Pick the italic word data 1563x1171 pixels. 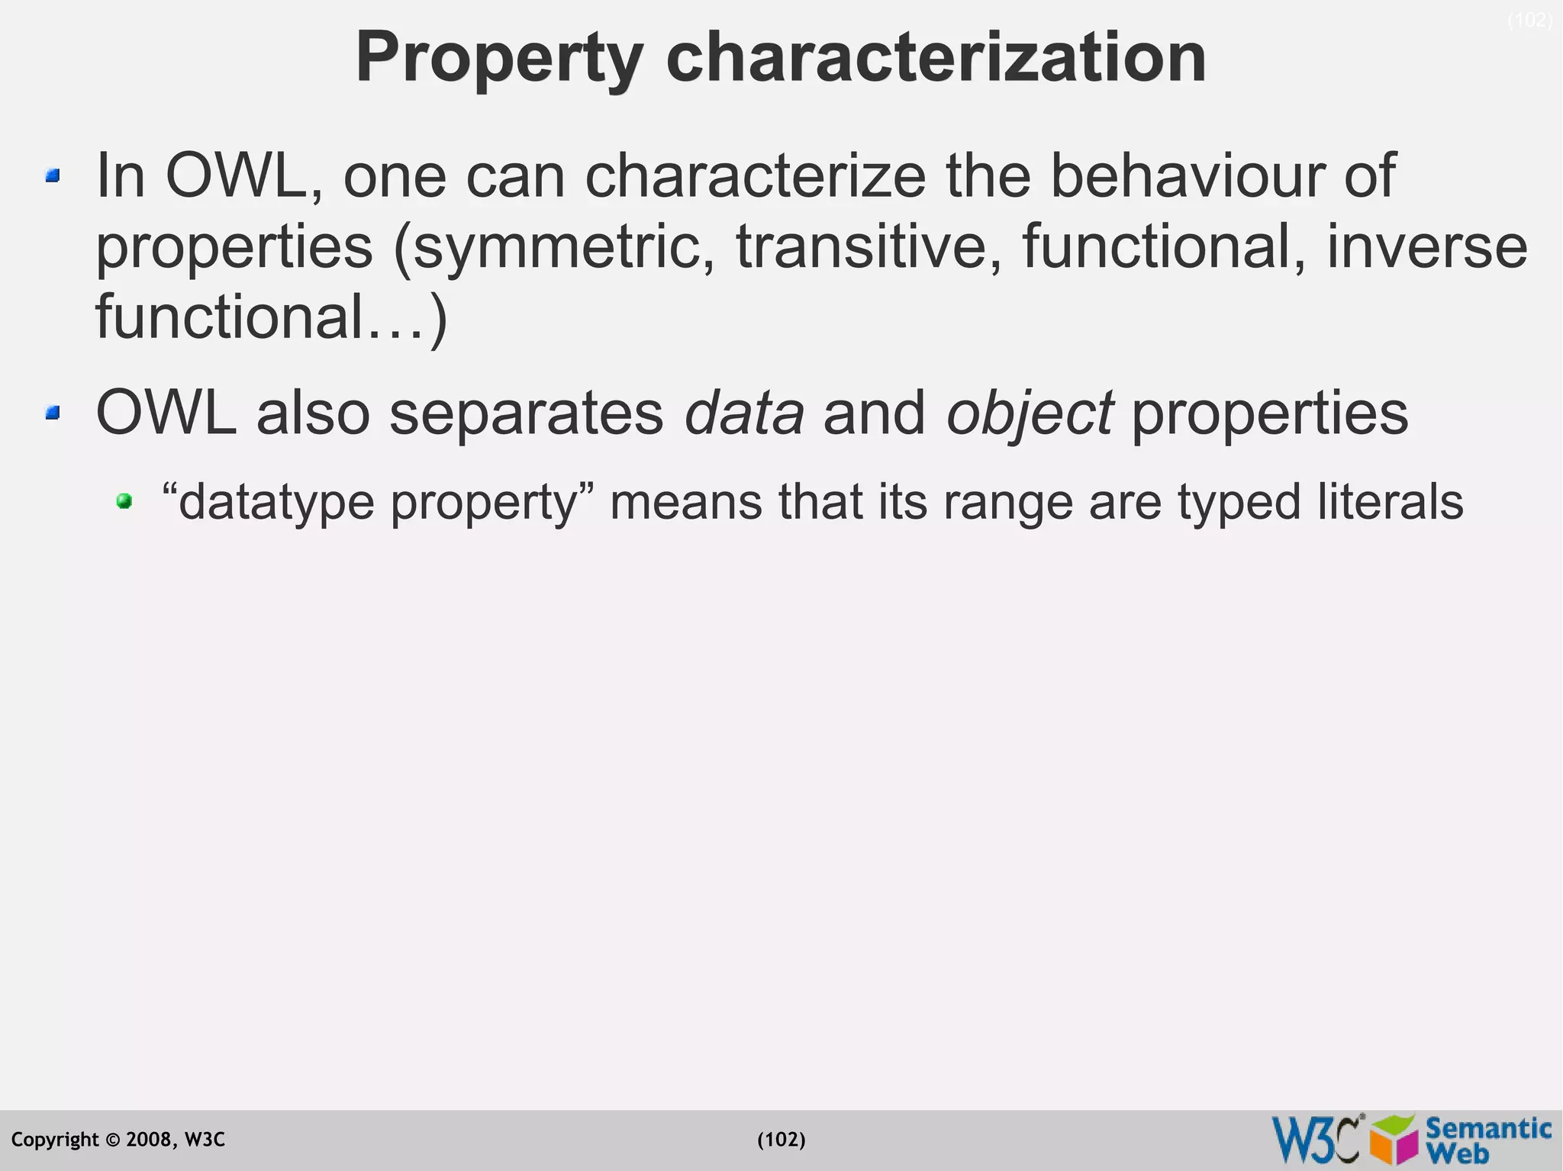click(744, 413)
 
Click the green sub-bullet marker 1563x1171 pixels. click(124, 501)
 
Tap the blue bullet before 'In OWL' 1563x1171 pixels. click(52, 176)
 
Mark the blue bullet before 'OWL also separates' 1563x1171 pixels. click(52, 413)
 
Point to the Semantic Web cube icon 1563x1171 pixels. click(1394, 1140)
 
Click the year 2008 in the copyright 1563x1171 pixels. click(150, 1140)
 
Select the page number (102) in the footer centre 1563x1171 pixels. click(781, 1140)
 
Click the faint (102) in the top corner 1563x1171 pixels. click(1529, 21)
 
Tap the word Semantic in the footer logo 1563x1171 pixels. click(1488, 1128)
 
